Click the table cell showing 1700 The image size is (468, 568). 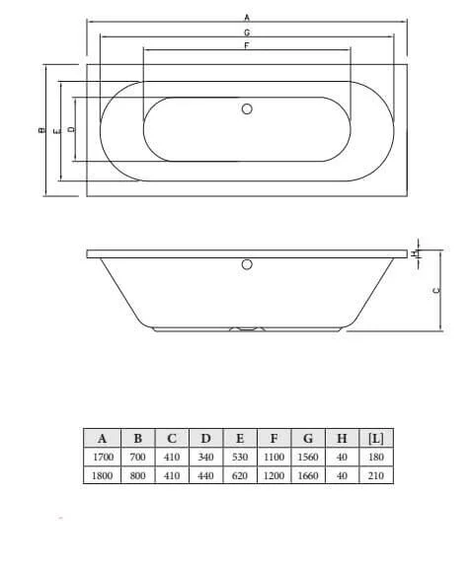click(103, 458)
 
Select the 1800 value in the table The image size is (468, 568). click(103, 475)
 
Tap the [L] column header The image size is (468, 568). click(375, 439)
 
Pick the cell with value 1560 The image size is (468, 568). click(307, 458)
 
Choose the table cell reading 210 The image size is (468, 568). click(375, 475)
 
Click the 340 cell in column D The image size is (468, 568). click(204, 458)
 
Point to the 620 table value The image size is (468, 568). click(239, 475)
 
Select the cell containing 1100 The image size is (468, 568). click(273, 458)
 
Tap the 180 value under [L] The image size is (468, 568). click(375, 458)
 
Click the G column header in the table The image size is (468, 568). click(307, 439)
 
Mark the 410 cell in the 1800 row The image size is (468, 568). click(171, 475)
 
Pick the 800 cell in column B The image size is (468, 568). click(137, 475)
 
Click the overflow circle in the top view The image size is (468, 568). click(248, 109)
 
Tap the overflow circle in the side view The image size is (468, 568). click(248, 264)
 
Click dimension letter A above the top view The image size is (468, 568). click(247, 17)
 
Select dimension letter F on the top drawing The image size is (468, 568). click(246, 45)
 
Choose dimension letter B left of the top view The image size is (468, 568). click(39, 130)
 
